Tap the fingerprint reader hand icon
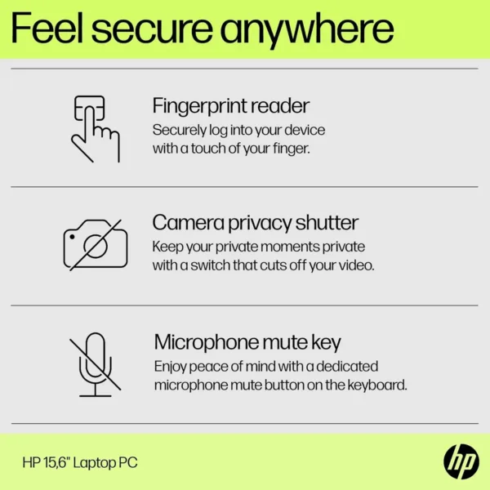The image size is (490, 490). click(x=96, y=128)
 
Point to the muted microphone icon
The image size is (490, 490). click(x=96, y=364)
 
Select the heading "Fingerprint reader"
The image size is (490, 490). click(x=230, y=106)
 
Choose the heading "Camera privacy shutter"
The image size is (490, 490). click(x=256, y=223)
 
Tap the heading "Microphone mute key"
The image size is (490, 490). click(x=247, y=342)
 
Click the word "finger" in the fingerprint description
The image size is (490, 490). click(x=288, y=149)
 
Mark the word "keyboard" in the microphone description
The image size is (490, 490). click(x=377, y=385)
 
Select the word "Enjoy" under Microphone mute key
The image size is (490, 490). click(x=170, y=367)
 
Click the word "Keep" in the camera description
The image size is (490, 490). click(x=167, y=247)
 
